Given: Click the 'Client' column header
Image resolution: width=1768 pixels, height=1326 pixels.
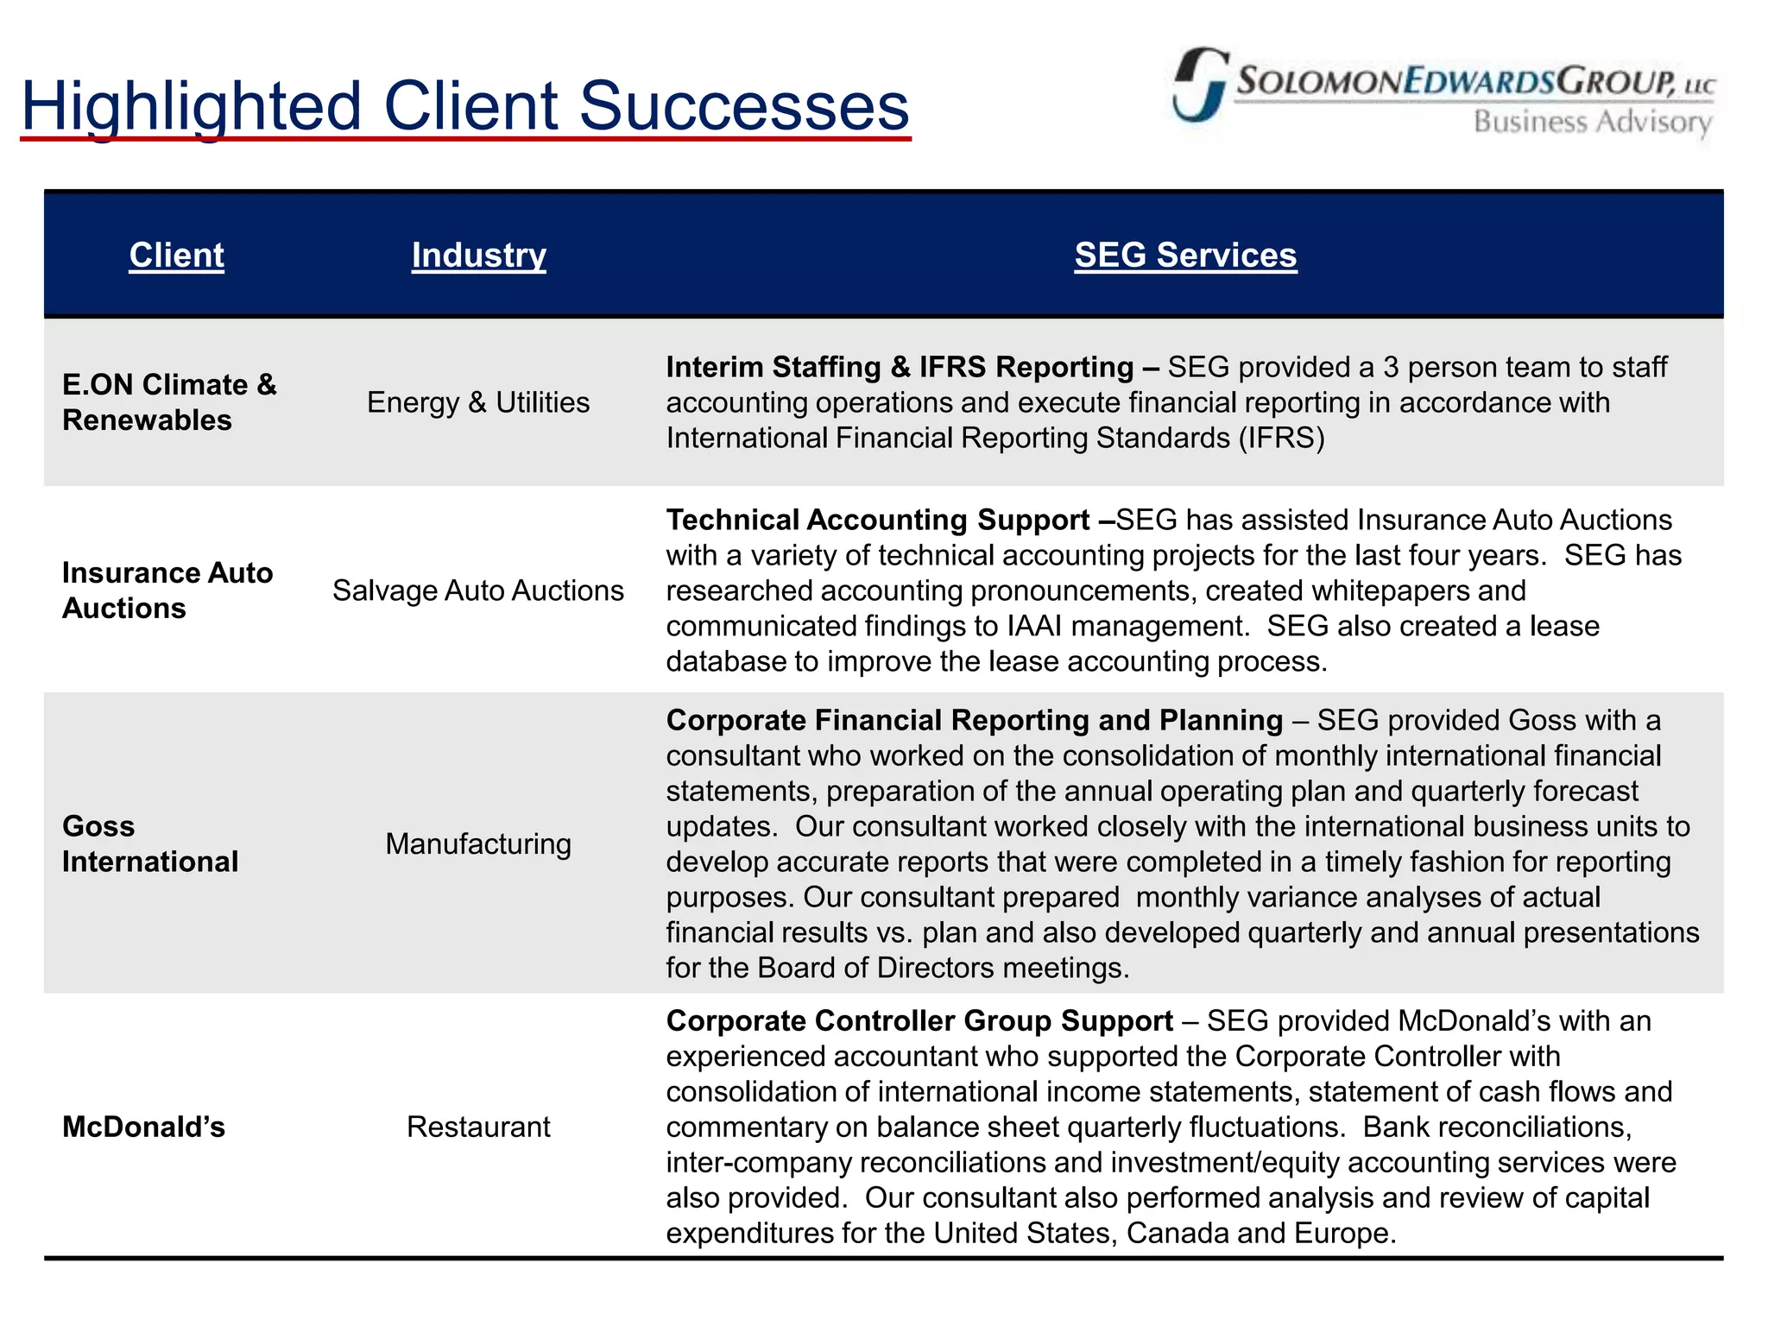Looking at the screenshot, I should click(x=176, y=256).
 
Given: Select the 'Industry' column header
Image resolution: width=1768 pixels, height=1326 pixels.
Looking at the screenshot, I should click(x=478, y=256).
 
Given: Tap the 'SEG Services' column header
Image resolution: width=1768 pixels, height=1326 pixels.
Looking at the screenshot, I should click(x=1185, y=256).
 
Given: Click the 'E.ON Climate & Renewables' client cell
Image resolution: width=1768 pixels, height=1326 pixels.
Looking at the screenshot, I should click(x=169, y=402).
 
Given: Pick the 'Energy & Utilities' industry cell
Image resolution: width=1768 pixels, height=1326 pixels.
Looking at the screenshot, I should click(x=478, y=402).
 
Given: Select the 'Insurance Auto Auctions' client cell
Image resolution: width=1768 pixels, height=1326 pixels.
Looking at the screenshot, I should click(x=167, y=590).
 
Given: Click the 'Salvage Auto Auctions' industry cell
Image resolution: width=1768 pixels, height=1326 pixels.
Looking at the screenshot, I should click(x=478, y=590).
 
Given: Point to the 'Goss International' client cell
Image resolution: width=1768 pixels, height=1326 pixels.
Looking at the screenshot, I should click(x=150, y=844).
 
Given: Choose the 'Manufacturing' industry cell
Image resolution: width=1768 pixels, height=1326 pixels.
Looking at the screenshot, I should click(x=478, y=844).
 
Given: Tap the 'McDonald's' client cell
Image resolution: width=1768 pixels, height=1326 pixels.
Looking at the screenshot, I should click(x=143, y=1127).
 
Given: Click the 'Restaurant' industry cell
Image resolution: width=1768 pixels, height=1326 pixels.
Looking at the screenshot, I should click(x=478, y=1127).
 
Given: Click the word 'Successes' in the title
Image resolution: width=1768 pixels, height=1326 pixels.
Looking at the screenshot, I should click(x=744, y=107).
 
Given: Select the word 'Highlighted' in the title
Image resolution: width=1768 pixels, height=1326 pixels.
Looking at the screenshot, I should click(x=191, y=107).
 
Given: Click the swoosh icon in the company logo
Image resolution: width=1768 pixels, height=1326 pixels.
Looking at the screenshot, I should click(x=1199, y=85).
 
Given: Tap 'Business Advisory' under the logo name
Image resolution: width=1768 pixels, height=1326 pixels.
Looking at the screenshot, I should click(x=1592, y=123).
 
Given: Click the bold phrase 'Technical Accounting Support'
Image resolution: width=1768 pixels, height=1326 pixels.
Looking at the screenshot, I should click(x=878, y=521).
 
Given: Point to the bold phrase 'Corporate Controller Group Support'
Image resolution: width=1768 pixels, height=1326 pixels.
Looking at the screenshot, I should click(x=919, y=1021).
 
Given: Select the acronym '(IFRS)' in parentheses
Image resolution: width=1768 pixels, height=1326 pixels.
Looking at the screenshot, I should click(x=1281, y=439).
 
